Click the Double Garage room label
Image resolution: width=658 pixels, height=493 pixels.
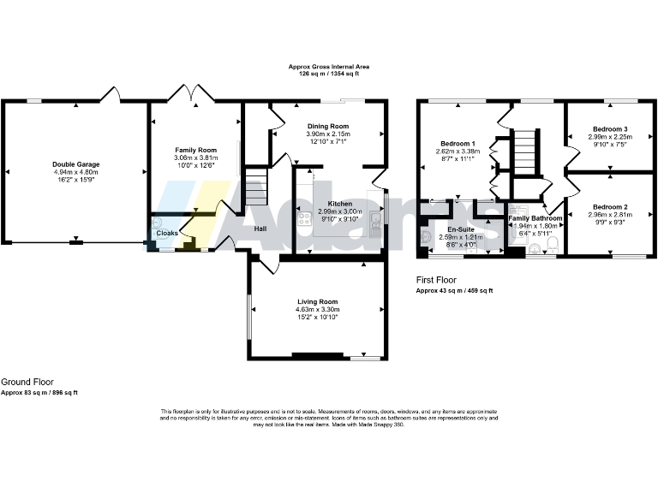[75, 163]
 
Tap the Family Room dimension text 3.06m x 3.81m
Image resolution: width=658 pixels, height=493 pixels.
[196, 157]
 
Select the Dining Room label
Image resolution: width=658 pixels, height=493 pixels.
[328, 126]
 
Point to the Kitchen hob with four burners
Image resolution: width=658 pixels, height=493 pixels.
[304, 222]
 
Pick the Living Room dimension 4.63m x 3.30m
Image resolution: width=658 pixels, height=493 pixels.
[317, 309]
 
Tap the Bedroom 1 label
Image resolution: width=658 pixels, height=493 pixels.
[458, 143]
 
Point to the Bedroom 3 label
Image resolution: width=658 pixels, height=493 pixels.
[610, 128]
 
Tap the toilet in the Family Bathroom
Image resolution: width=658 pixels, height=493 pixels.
[551, 247]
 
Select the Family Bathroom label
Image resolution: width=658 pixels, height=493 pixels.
[535, 218]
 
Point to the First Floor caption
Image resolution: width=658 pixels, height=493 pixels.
[436, 280]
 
